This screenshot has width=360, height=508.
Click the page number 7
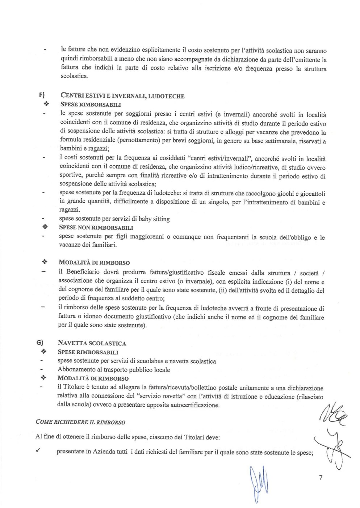[x=321, y=478]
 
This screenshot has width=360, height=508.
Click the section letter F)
[x=42, y=96]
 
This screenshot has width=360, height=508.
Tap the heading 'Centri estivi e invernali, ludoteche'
[x=122, y=96]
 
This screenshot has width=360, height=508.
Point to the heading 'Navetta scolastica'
[x=92, y=343]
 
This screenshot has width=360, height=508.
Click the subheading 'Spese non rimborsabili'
[x=96, y=228]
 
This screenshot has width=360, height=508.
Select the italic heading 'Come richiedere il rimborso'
[x=80, y=422]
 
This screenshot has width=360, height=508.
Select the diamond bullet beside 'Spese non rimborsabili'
[x=45, y=228]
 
